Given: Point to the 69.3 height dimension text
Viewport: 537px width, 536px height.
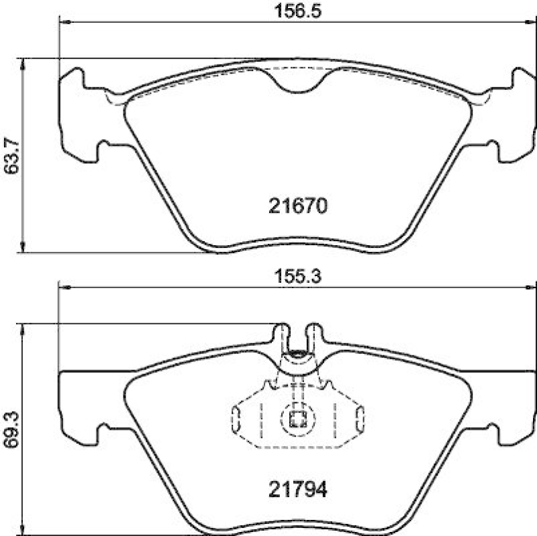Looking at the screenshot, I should [10, 423].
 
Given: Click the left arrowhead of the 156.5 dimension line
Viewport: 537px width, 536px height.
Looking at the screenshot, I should [65, 21].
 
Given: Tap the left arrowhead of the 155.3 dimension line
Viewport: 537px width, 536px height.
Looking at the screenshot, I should [65, 287].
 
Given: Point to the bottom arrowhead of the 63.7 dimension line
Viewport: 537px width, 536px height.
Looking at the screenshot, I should [24, 248].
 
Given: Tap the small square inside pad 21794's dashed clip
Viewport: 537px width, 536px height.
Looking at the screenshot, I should [297, 420].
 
